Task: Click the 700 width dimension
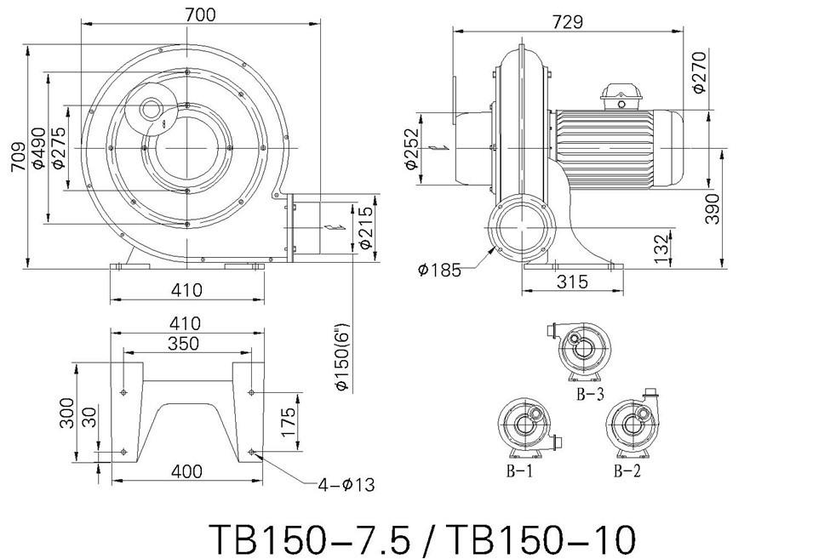[201, 14]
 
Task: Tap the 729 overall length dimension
[568, 21]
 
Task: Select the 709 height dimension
[18, 157]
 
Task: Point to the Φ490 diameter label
[38, 148]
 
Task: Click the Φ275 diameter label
[59, 147]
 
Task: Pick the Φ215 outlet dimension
[365, 228]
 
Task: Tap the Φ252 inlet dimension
[411, 150]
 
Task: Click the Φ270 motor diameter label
[699, 72]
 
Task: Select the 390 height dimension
[713, 209]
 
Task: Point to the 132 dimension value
[661, 248]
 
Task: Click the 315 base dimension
[572, 282]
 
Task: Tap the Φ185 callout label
[439, 271]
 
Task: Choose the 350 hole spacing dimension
[184, 344]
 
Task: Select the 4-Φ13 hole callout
[346, 484]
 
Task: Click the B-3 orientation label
[590, 394]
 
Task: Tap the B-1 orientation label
[519, 471]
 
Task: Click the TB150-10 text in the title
[540, 539]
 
